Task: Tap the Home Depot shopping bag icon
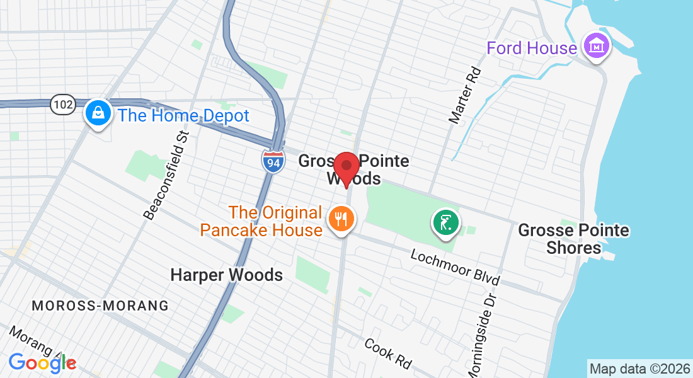point(98,113)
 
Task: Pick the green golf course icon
point(445,223)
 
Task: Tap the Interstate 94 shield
point(272,161)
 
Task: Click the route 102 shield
point(63,104)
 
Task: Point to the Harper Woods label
point(227,275)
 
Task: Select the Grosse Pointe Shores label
point(573,239)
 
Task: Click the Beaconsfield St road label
point(166,175)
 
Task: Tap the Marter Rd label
point(464,95)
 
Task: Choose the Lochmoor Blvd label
point(455,266)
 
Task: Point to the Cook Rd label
point(388,353)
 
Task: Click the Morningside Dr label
point(480,333)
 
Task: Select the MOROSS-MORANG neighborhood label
point(100,306)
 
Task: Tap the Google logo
point(42,362)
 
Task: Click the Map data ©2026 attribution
point(639,369)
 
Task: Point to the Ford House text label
point(531,48)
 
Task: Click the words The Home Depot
point(184,116)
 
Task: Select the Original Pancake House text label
point(261,221)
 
